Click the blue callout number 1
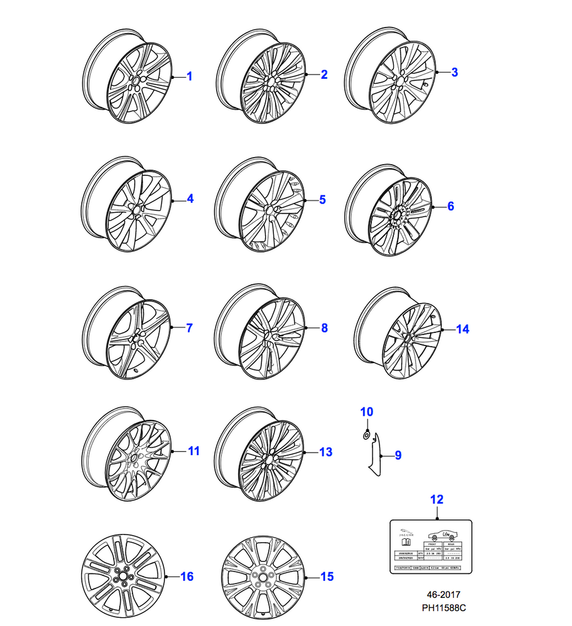click(x=189, y=77)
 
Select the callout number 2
click(x=324, y=75)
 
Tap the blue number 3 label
click(x=454, y=73)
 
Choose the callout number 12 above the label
click(x=437, y=500)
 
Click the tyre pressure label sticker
click(x=430, y=546)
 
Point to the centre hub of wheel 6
click(x=396, y=217)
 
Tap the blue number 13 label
click(x=325, y=452)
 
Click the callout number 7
click(x=189, y=327)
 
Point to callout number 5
click(x=323, y=200)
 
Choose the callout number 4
click(x=190, y=199)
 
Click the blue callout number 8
click(x=324, y=327)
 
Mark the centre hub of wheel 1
click(x=136, y=82)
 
